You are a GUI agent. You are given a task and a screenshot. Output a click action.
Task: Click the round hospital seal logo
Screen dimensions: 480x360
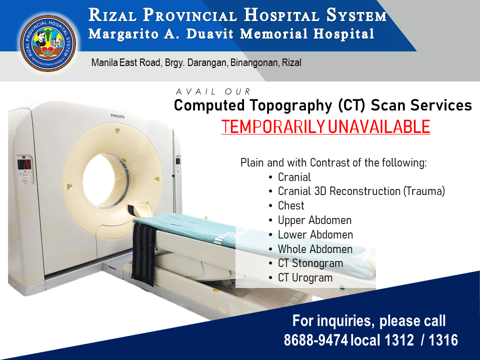[48, 43]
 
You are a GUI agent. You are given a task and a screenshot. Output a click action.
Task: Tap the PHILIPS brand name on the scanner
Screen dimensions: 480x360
[117, 116]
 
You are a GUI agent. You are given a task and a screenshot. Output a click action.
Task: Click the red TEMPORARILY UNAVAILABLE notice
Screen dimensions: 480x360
[325, 126]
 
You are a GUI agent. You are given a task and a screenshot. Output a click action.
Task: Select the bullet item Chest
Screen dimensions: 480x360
[291, 205]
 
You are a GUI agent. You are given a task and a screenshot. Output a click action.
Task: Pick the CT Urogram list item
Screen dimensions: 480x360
[305, 278]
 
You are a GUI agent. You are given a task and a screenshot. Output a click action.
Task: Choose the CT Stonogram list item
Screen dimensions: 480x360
[310, 263]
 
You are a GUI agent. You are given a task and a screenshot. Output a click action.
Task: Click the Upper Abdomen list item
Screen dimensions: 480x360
[314, 220]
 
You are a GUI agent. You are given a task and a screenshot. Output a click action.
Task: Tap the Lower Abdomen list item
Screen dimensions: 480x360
[315, 235]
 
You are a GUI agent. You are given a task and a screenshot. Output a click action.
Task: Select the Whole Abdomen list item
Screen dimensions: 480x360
[315, 249]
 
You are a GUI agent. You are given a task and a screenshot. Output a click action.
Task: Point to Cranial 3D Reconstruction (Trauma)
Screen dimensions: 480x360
[361, 191]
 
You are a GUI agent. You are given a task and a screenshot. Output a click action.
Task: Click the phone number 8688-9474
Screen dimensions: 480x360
[315, 340]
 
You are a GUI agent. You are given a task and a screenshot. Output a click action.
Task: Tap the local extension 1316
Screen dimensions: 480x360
[443, 340]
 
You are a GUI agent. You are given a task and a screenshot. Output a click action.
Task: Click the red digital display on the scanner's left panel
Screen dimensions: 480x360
[24, 164]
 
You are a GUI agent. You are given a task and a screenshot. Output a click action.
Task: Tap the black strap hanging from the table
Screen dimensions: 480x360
[143, 254]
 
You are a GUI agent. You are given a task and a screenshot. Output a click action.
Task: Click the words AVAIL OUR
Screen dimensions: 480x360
[213, 91]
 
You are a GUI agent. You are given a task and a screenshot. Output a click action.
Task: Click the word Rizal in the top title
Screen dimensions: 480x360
[112, 15]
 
